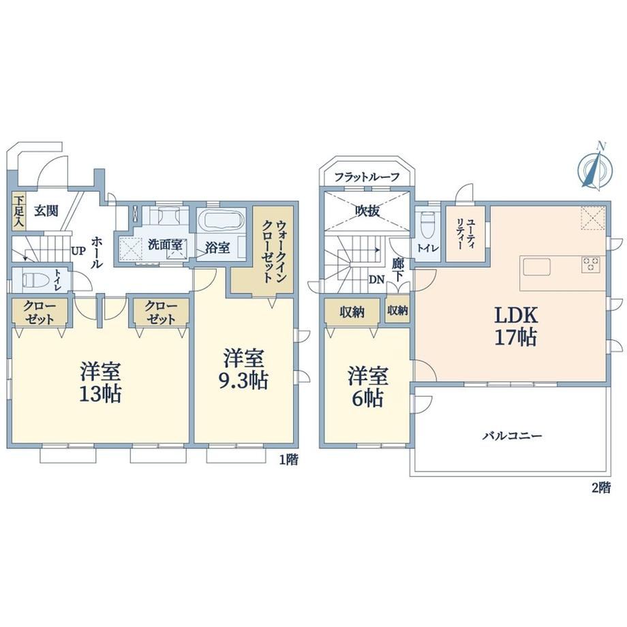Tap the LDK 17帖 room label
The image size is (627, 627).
[x=516, y=326]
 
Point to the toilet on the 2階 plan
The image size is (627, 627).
[x=428, y=223]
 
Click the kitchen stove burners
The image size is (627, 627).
[x=591, y=264]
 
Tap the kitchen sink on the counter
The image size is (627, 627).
[x=536, y=266]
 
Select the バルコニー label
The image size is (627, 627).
[x=512, y=435]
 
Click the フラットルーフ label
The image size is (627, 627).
[x=367, y=177]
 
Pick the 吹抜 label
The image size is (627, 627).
[x=367, y=211]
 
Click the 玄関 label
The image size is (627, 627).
[x=46, y=211]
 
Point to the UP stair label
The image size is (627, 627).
[x=78, y=251]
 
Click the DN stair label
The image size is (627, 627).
[x=376, y=280]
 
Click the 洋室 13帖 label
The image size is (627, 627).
[x=100, y=382]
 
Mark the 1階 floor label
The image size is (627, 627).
[x=288, y=460]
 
